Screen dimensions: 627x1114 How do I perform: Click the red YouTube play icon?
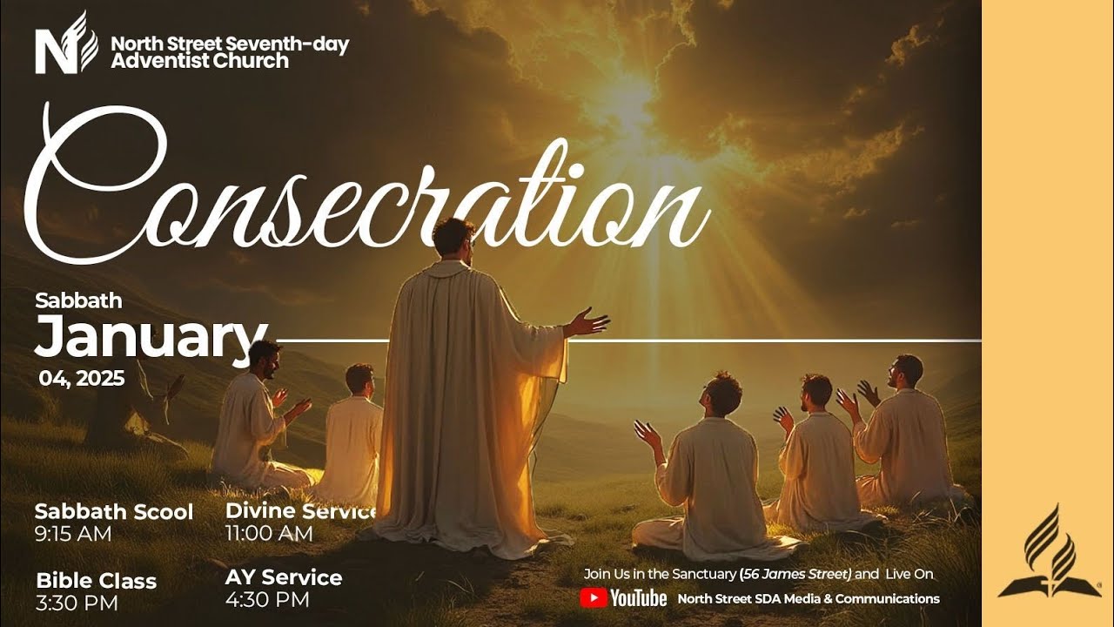click(x=594, y=598)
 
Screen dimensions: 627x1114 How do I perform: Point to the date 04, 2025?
click(x=82, y=378)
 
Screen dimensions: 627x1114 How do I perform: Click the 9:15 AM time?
click(x=73, y=534)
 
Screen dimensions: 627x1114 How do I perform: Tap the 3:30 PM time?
click(x=77, y=603)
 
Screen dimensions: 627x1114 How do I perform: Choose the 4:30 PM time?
click(x=267, y=600)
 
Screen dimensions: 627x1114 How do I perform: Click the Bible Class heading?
click(x=96, y=581)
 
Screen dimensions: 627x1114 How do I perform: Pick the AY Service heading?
click(x=284, y=577)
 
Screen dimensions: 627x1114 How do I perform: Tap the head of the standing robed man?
click(x=453, y=239)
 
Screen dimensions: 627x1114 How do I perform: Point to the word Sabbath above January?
click(x=78, y=301)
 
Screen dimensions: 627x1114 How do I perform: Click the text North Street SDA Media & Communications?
click(x=809, y=598)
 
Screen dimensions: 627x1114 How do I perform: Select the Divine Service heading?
click(x=301, y=510)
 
